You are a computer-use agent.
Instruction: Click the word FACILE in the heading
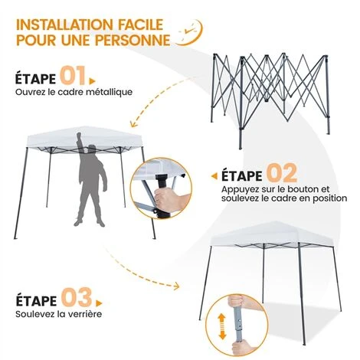(140, 25)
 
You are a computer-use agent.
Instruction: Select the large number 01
(73, 76)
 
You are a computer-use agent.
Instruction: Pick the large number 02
(282, 172)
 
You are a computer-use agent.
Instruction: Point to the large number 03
(77, 297)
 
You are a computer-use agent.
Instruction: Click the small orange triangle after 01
(92, 81)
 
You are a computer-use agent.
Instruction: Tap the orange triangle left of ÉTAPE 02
(214, 176)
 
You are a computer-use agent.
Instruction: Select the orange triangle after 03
(99, 303)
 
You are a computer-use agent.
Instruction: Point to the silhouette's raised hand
(80, 136)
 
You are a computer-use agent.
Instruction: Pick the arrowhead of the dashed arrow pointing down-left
(133, 124)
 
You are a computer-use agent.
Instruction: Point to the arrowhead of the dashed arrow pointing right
(176, 286)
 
